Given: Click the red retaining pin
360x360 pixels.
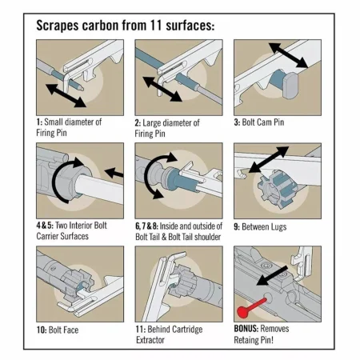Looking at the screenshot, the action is [251, 307].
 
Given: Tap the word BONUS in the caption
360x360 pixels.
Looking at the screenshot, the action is [246, 329].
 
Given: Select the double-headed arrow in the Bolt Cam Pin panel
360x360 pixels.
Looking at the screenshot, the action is [288, 55].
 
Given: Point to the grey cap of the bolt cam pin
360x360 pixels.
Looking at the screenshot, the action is [290, 86].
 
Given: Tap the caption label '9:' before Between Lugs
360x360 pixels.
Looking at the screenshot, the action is [237, 227].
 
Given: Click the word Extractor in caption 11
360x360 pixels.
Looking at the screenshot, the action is [150, 340].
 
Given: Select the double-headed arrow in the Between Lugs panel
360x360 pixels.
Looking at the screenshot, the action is [269, 159].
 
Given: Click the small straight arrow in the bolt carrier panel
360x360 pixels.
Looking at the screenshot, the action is [114, 173].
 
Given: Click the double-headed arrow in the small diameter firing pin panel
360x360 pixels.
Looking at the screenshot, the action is [66, 95].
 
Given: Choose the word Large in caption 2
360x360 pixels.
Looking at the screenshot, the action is [152, 123].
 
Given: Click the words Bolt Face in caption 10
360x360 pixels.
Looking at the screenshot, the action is [64, 330].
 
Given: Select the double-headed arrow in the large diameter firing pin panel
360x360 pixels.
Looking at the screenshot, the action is [162, 89].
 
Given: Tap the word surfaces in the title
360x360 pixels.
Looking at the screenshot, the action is [190, 26].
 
